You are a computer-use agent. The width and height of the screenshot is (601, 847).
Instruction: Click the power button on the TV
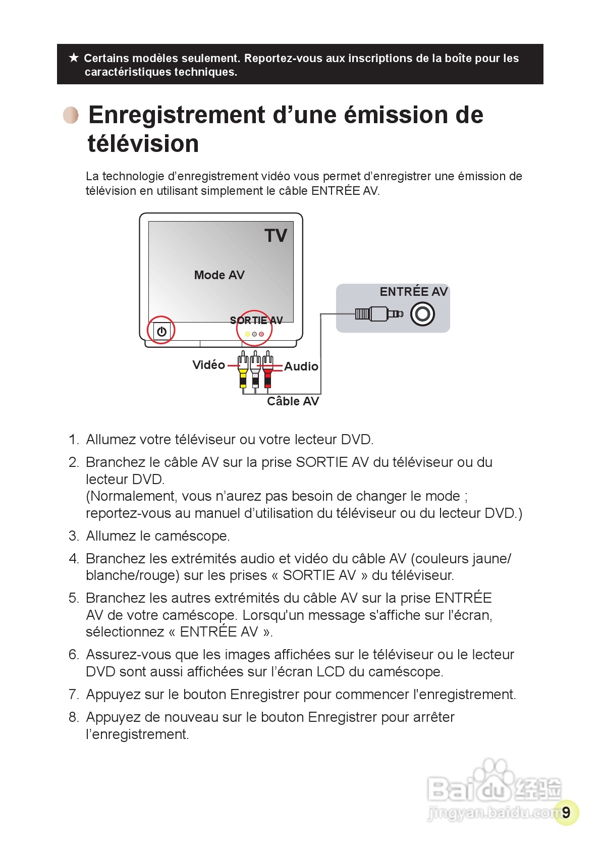tap(161, 331)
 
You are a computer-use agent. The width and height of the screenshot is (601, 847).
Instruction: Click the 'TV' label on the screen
tap(276, 236)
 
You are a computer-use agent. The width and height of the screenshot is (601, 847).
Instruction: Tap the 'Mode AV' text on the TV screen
tap(219, 275)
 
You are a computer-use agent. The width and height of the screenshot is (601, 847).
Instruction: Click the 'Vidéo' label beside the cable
tap(208, 365)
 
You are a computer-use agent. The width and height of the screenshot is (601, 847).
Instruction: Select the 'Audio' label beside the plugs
tap(301, 366)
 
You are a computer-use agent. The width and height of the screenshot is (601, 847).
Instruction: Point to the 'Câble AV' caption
tap(293, 401)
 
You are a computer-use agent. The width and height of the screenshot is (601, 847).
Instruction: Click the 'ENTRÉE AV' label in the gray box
tap(413, 292)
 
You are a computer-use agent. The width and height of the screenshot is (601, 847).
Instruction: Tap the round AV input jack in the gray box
tap(422, 314)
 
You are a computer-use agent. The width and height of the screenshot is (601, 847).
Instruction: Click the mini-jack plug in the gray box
tap(378, 314)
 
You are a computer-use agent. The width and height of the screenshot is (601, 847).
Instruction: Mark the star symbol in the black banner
tap(74, 58)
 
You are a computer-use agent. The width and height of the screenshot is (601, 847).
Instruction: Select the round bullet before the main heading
tap(71, 115)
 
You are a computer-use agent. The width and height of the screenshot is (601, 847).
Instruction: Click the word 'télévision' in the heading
tap(143, 144)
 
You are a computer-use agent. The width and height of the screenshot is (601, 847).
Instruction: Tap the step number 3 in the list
tap(74, 536)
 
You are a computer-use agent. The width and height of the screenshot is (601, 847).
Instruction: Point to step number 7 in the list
tap(74, 695)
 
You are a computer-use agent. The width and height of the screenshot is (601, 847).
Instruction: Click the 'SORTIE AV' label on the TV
tap(256, 320)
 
